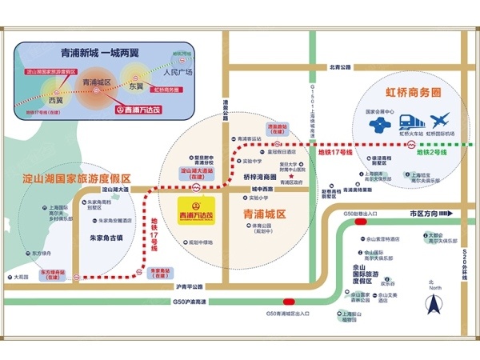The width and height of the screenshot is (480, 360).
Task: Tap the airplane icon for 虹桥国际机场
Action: (x=440, y=122)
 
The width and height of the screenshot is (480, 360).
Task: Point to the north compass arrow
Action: (x=434, y=305)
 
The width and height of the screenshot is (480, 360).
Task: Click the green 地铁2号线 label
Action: (x=430, y=150)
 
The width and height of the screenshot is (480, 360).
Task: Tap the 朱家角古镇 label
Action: (x=105, y=238)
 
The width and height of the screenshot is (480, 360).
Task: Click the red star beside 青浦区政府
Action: (x=272, y=182)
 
